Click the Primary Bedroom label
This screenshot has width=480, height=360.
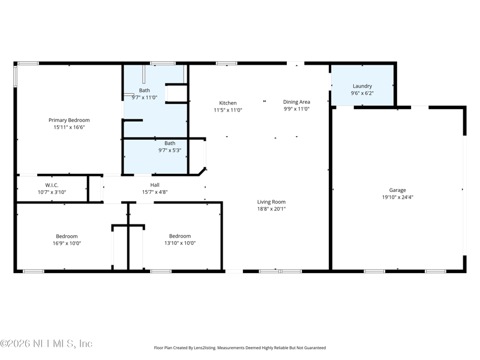(x=69, y=120)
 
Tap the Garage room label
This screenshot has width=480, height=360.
(x=397, y=190)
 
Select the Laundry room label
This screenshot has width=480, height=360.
(x=362, y=86)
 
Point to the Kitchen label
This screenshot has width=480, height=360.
(x=227, y=103)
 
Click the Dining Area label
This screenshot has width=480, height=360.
(x=296, y=102)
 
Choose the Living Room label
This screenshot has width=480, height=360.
(x=271, y=202)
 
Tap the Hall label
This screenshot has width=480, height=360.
(x=155, y=185)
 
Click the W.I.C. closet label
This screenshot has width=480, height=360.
(x=52, y=185)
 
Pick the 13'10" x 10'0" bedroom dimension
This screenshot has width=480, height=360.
(x=180, y=243)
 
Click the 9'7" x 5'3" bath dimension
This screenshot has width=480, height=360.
(x=170, y=150)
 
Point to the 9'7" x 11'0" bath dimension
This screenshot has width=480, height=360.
(x=144, y=97)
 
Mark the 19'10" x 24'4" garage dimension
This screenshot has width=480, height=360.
(x=397, y=197)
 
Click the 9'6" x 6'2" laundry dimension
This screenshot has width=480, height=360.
(x=362, y=93)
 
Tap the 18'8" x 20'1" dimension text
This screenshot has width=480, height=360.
(x=271, y=209)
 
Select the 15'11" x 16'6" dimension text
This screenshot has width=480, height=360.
(x=69, y=127)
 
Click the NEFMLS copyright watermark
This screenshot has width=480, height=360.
(x=46, y=344)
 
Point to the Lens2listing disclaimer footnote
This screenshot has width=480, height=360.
(x=240, y=347)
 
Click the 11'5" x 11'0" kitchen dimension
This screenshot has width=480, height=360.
(x=227, y=110)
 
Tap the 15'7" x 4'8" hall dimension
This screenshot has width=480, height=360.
(x=155, y=192)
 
